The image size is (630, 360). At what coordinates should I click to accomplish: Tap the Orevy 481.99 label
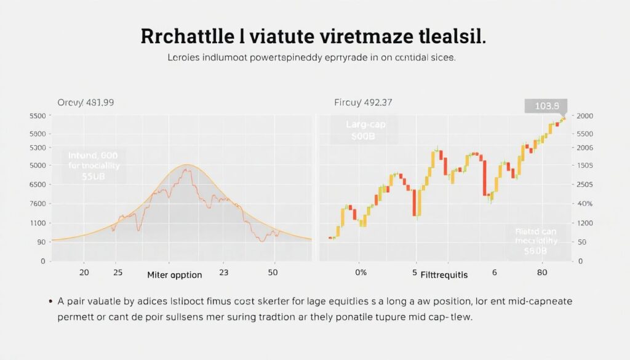pos(86,102)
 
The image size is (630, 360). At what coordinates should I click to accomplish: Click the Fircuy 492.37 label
pos(363,102)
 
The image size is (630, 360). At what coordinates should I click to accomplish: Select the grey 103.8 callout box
pos(546,106)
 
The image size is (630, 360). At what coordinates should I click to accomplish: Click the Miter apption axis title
pos(175,275)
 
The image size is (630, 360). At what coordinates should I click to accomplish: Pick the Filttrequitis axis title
pos(444,275)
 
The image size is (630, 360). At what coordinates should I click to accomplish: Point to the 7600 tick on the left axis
pos(37,204)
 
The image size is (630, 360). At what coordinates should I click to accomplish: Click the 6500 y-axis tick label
pos(37,185)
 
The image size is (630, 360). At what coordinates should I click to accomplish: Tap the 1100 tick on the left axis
pos(37,223)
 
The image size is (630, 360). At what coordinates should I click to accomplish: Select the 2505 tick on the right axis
pos(584,185)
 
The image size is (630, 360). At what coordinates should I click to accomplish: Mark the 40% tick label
pos(584,204)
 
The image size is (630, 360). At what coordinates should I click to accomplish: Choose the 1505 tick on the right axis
pos(584,166)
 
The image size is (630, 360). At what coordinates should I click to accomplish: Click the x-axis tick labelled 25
pos(118,272)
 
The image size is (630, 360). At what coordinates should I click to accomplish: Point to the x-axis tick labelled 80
pos(541,272)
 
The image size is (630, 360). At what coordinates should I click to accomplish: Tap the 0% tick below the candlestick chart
pos(361,272)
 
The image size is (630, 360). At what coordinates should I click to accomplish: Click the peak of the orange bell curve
pos(188,165)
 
